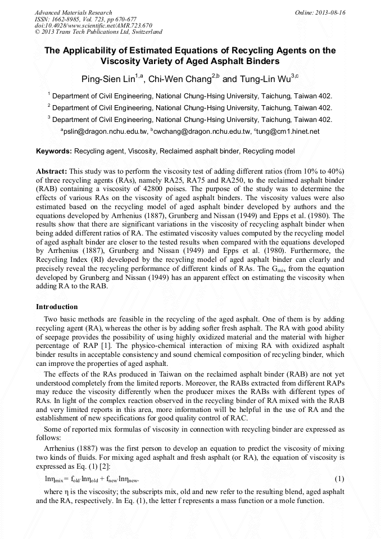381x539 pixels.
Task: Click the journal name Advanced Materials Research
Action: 73,12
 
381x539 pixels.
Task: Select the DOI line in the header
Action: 93,26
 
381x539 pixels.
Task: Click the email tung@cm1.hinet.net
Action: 288,132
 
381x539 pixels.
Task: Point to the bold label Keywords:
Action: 54,152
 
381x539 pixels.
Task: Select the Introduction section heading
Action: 57,307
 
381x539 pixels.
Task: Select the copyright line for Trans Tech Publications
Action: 98,32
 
